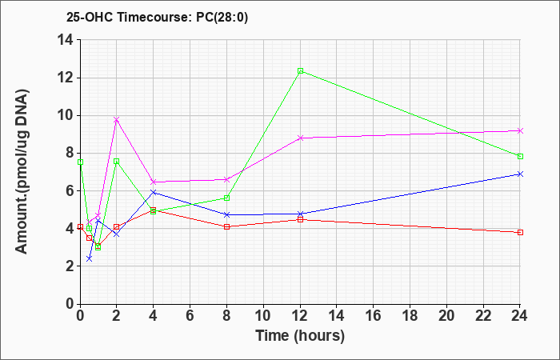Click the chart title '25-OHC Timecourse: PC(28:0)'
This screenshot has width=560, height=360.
click(x=157, y=17)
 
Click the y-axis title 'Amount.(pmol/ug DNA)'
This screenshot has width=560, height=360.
click(x=22, y=171)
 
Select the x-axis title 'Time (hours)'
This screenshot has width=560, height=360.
click(x=300, y=336)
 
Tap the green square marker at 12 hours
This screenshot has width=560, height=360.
click(x=300, y=70)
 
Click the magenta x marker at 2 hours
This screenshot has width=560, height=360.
click(x=117, y=120)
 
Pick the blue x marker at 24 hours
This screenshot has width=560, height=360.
click(x=520, y=174)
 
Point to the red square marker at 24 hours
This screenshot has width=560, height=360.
click(x=520, y=233)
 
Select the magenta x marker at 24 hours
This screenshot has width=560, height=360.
click(x=520, y=130)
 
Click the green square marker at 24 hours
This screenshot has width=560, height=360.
click(x=520, y=157)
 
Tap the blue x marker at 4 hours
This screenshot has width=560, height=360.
click(x=154, y=192)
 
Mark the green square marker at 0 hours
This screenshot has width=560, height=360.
click(x=80, y=162)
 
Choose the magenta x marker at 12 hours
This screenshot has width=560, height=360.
click(x=300, y=138)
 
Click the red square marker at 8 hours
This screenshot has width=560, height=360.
click(x=226, y=226)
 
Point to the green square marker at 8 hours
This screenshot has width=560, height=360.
click(x=226, y=198)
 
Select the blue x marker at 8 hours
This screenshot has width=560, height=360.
click(x=226, y=214)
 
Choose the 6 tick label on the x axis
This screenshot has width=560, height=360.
click(x=190, y=316)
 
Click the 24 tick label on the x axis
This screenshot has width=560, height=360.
click(x=520, y=316)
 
